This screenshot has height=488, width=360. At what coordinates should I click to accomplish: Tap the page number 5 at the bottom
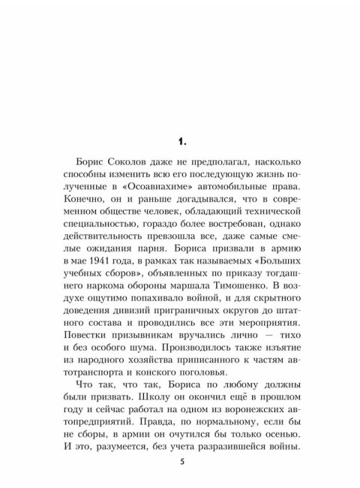pyautogui.click(x=181, y=460)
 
